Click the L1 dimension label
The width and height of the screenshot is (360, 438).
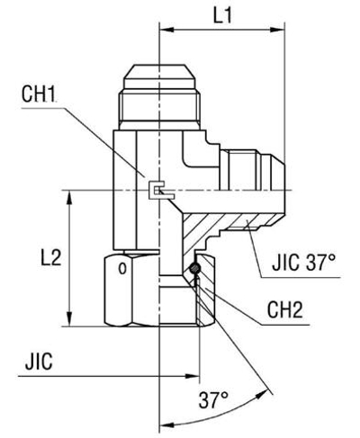click(221, 17)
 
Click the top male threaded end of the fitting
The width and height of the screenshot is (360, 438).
click(158, 85)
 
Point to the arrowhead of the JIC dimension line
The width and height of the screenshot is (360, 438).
click(154, 371)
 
